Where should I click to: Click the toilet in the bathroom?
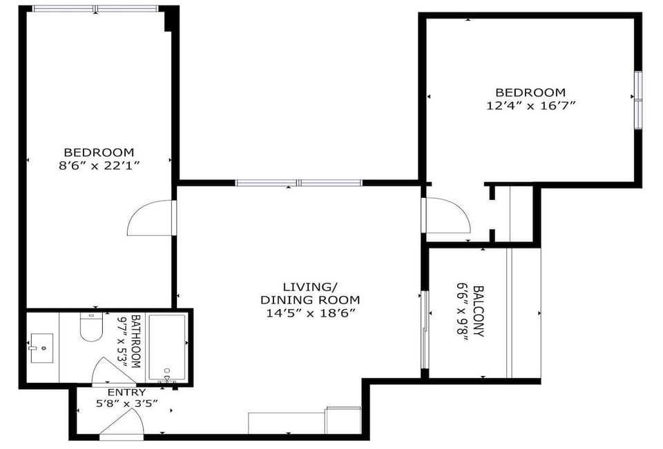coord(91,327)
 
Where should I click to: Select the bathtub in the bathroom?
coord(167,348)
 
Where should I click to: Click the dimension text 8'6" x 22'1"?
coord(99,166)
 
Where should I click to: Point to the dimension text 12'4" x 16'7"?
coord(530,106)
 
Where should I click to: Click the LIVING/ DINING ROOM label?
coord(310,293)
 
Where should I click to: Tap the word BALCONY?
coord(478,312)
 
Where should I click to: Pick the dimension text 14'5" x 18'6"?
coord(310,312)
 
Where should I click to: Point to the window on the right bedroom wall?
coord(638,99)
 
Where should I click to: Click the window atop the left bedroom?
coord(96,9)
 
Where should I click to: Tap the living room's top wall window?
coord(298,183)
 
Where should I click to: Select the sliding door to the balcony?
coord(425,330)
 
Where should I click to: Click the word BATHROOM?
coord(135,341)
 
